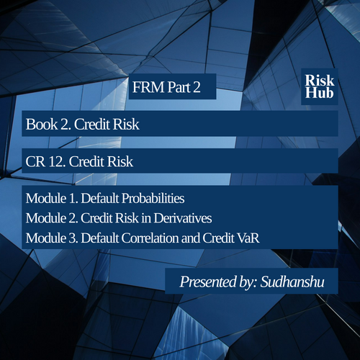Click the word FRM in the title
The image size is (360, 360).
148,87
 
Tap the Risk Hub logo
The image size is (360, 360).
320,86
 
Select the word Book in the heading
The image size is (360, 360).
42,125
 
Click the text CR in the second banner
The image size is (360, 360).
35,161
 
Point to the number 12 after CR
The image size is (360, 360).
57,161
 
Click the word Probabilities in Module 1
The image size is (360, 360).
153,199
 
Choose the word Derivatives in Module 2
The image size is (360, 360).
183,218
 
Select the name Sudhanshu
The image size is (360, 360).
292,282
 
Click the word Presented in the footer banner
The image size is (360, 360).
208,282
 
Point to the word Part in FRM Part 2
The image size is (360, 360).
179,87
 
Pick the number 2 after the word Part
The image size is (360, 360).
197,87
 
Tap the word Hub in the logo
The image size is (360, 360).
319,93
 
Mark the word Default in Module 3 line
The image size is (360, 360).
100,238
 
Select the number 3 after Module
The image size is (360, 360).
73,238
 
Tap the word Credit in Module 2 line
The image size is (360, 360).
96,218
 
